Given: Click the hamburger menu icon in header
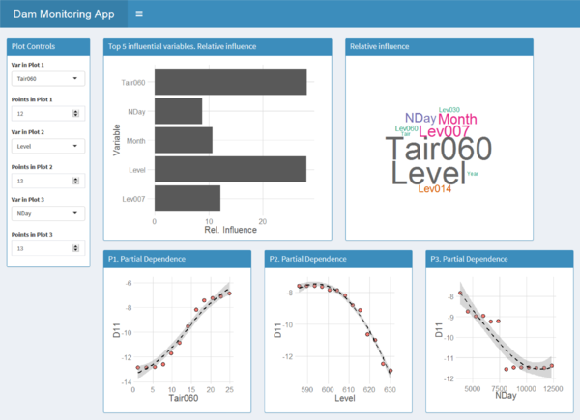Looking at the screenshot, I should [x=140, y=14].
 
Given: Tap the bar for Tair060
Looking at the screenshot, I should [x=230, y=82].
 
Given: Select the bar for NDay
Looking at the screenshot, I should [x=178, y=111].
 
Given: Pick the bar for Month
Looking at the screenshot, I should [x=183, y=140].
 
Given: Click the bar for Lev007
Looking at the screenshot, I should [x=187, y=198].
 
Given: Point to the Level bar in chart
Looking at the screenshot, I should [x=230, y=169].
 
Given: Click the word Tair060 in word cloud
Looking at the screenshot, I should [x=438, y=150].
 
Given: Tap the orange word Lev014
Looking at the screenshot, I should [x=435, y=189].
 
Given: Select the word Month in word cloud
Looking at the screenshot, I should [x=457, y=119].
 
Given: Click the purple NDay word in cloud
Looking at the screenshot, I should [x=420, y=119].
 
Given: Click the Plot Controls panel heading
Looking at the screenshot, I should [x=33, y=46].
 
